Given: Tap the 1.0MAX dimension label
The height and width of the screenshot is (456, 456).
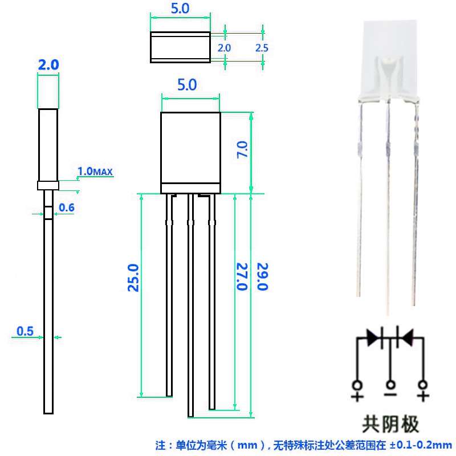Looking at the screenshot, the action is point(96,171).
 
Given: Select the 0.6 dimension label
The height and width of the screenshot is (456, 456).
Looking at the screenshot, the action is point(67,207).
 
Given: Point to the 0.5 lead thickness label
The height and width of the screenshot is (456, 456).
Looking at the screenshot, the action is point(26,331).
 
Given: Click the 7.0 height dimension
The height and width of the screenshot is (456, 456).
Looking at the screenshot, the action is point(242,150).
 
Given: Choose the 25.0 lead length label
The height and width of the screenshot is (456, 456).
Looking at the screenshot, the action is point(133,278).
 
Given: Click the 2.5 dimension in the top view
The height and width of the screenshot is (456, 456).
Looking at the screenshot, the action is point(262,48).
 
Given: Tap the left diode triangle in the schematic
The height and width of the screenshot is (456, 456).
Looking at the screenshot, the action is point(374,337).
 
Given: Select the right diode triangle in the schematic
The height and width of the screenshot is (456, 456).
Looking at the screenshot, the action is point(406,337).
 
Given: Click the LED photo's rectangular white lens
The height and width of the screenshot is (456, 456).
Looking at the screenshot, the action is point(389,48).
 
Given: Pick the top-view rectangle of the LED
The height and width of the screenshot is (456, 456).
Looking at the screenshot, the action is point(180,47).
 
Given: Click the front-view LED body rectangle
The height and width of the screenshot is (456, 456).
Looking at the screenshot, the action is point(190,148).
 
